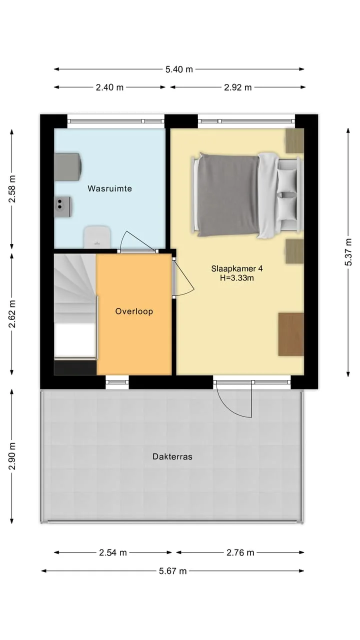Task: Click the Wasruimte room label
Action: (109, 188)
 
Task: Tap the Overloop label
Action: (134, 311)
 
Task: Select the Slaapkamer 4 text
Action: (237, 268)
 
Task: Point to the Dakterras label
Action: (172, 456)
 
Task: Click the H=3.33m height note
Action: (237, 277)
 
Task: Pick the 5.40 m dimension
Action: (179, 69)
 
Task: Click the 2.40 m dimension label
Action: (109, 87)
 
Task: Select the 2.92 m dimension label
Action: (237, 87)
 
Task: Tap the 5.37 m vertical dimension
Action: (348, 252)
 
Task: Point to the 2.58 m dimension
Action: (12, 189)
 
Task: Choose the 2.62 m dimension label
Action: (12, 314)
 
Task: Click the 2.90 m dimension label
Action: (12, 456)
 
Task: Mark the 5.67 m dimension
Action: (172, 571)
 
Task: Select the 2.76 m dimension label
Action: (240, 553)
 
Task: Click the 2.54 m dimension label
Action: (113, 553)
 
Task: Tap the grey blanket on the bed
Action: (228, 195)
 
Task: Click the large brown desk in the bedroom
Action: (291, 334)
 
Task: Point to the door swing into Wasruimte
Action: (137, 241)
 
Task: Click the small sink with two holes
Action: (63, 206)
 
